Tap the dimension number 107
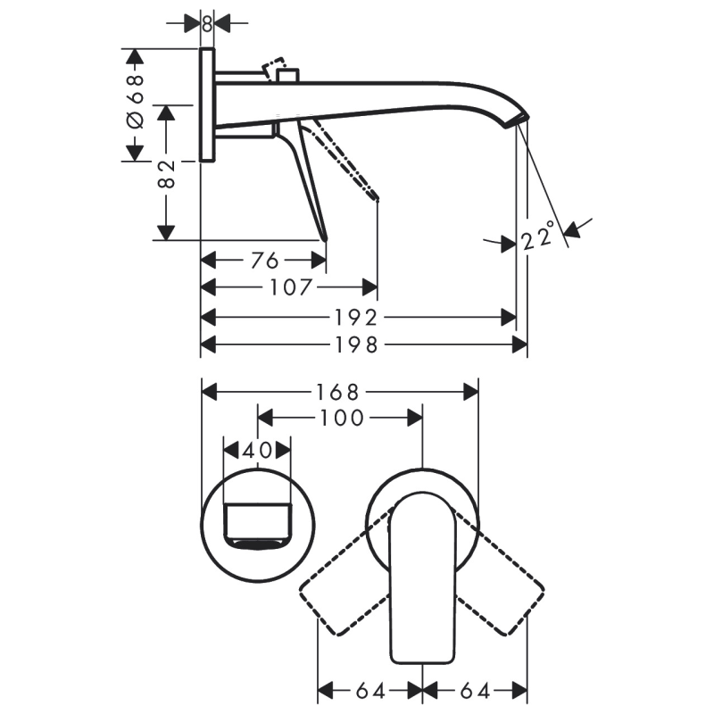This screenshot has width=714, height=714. pos(291,287)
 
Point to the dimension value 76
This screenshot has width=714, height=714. pos(263,260)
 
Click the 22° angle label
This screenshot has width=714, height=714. pos(538,237)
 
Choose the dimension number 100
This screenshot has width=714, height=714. pos(340,418)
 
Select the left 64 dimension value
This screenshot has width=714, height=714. pos(369,690)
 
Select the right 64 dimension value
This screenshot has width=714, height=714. pos(473,690)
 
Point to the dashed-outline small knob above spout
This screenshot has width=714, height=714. pos(275,70)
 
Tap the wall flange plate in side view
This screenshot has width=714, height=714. pos(207,105)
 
